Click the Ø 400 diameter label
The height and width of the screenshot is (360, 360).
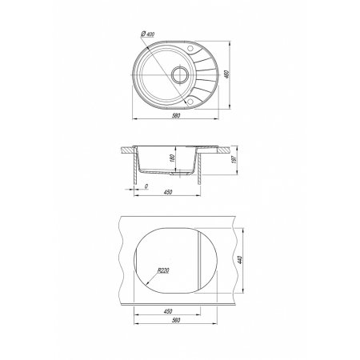[147, 34]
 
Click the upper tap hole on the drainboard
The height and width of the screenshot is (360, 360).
[190, 48]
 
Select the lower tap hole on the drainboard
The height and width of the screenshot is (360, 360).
[190, 102]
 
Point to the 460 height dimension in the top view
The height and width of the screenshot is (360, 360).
[227, 74]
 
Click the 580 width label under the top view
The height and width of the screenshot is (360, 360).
[176, 115]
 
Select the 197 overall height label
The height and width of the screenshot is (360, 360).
[234, 159]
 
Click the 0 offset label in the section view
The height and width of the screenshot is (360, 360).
[146, 186]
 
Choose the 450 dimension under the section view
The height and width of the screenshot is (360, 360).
[168, 192]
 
